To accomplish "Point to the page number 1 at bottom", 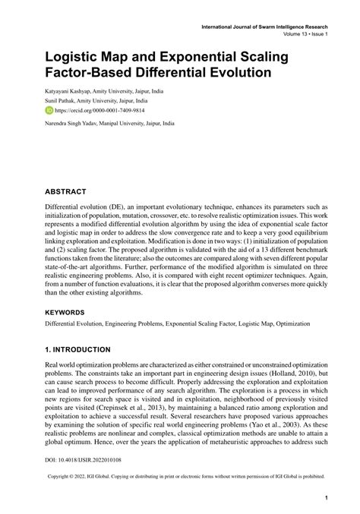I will (326, 499).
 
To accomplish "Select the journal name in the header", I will (264, 25).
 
